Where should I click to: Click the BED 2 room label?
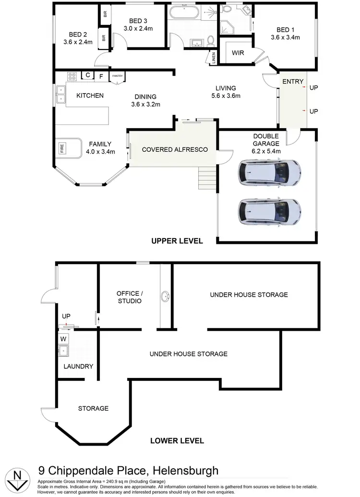[x=77, y=38]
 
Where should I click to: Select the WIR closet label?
[x=237, y=52]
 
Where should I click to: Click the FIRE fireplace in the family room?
[x=62, y=149]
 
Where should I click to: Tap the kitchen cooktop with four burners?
[x=72, y=76]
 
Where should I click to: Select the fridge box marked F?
[x=101, y=76]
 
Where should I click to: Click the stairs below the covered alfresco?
[x=207, y=178]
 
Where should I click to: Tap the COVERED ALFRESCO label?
[x=175, y=149]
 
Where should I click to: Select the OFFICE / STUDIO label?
[x=129, y=297]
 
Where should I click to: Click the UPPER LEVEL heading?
[x=177, y=241]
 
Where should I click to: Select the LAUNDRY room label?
[x=78, y=366]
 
